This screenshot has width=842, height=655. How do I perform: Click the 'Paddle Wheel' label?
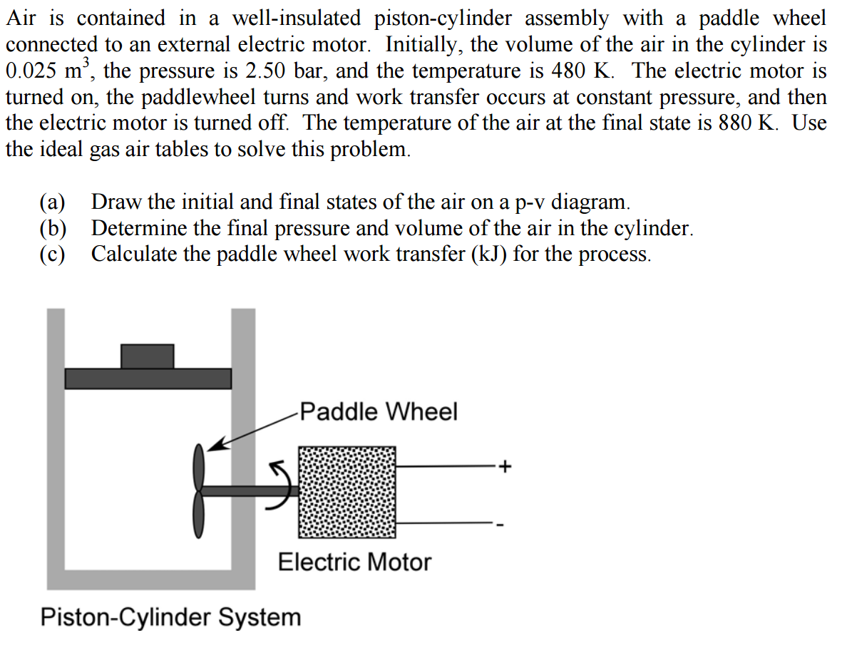coord(379,412)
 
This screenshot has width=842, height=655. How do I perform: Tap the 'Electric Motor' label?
coord(354,562)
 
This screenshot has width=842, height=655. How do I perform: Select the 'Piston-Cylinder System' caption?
coord(171,617)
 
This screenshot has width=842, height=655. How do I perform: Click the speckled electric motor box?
coord(346,492)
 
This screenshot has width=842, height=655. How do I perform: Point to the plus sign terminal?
coord(505,468)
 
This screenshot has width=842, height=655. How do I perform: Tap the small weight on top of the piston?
coord(147,356)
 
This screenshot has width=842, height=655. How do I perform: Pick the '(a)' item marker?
coord(52,202)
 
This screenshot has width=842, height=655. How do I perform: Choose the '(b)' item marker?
coord(52,228)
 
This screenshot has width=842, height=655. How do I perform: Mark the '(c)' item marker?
coord(52,254)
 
